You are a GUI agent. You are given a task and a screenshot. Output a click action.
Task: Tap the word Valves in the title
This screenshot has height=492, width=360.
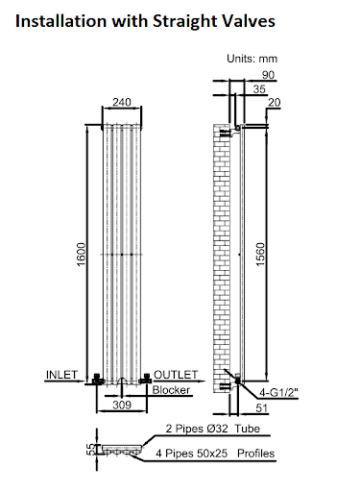click(x=248, y=19)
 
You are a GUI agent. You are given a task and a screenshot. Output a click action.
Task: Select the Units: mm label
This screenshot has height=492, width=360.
click(x=252, y=60)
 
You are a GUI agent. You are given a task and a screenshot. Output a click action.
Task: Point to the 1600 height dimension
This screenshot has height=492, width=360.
click(x=82, y=256)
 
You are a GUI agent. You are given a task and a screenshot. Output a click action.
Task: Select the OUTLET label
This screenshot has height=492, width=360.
click(x=176, y=373)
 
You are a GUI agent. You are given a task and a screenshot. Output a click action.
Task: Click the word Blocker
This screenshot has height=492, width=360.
click(x=171, y=389)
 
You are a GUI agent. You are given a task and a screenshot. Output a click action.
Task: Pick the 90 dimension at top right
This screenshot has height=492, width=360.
click(x=267, y=75)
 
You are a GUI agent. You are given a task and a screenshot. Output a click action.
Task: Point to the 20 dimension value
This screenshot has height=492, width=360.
click(x=275, y=102)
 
